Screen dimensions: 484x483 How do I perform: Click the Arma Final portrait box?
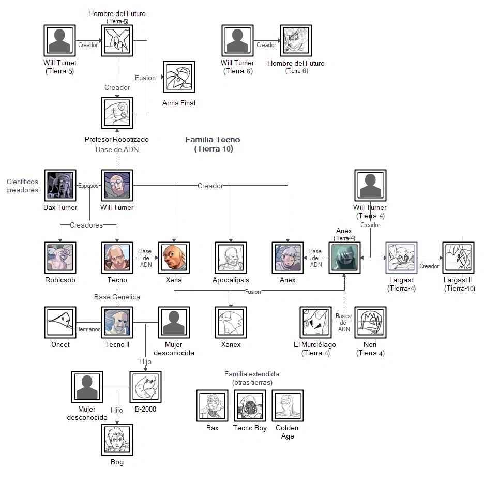(179, 78)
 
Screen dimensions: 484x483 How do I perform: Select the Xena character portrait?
(174, 257)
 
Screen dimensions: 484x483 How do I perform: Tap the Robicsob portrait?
(60, 257)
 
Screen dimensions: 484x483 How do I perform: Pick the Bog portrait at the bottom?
(117, 440)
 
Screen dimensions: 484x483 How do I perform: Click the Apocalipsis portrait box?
(231, 257)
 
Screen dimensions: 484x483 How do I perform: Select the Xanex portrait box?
(231, 322)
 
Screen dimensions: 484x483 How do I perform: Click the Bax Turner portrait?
(60, 185)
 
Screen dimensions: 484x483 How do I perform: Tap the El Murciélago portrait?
(315, 322)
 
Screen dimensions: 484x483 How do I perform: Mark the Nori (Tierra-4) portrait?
(370, 322)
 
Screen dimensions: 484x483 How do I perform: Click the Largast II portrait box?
(458, 257)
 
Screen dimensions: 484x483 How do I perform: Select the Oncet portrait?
(60, 322)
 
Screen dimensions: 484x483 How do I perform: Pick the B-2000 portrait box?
(145, 387)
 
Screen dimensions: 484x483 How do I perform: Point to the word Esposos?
(88, 186)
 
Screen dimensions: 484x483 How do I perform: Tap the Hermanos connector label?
(88, 329)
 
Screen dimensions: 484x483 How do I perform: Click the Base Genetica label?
(117, 297)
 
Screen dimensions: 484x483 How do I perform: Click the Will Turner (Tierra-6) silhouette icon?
(237, 41)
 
